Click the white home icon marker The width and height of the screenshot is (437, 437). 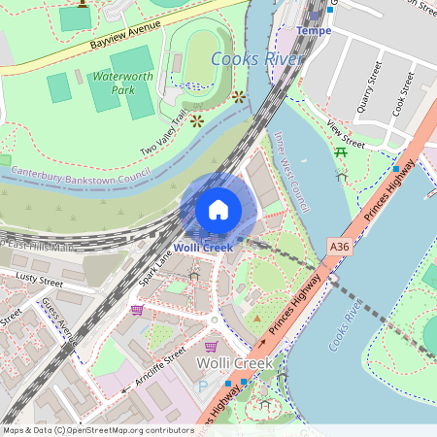(x=218, y=209)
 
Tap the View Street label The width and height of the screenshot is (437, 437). (x=346, y=135)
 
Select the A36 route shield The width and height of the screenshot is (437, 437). (x=339, y=248)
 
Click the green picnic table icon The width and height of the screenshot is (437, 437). (x=341, y=152)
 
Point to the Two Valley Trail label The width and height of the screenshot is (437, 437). (x=163, y=136)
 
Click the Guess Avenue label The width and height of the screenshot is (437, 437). (x=57, y=319)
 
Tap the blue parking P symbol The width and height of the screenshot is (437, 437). (x=203, y=387)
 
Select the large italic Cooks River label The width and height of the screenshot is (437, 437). (x=257, y=59)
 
